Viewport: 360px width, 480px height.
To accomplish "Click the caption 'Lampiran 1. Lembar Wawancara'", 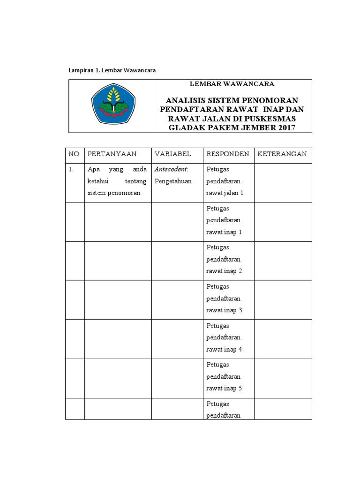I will (x=112, y=70).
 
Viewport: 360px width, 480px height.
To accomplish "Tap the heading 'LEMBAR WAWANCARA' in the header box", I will (x=232, y=84).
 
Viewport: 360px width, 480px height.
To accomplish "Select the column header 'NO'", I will (x=73, y=154).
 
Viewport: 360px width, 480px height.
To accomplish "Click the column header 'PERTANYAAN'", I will (x=112, y=154).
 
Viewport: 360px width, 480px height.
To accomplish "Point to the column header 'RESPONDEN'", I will (x=227, y=154).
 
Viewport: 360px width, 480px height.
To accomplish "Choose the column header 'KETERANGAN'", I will (x=282, y=154).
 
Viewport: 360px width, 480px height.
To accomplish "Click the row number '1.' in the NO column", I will (x=72, y=169).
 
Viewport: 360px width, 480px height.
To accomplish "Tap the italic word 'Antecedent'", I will (x=170, y=169).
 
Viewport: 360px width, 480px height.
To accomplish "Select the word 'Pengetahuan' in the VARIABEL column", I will (x=173, y=181).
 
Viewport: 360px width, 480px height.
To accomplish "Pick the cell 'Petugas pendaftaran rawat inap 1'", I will (x=224, y=220).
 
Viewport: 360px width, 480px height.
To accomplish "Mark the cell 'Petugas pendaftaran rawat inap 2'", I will (x=224, y=259).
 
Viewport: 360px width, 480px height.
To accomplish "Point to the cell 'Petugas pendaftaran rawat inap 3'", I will (x=224, y=299).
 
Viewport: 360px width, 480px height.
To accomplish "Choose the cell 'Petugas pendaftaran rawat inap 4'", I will (x=224, y=337).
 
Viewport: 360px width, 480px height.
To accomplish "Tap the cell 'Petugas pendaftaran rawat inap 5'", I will (x=224, y=376).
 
